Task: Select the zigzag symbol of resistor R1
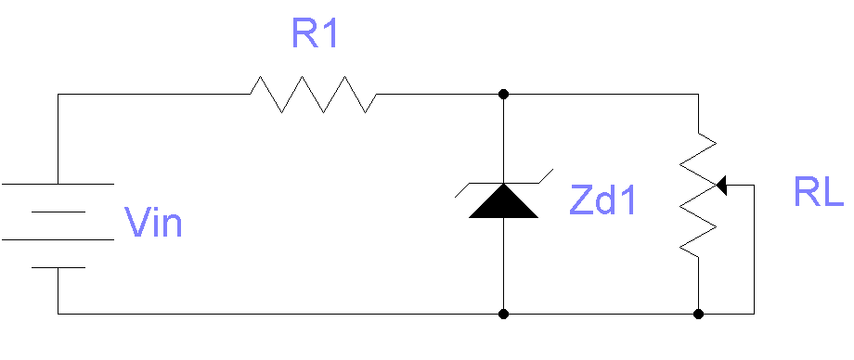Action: tap(313, 95)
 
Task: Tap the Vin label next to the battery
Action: tap(153, 223)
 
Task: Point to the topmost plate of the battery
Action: tap(58, 184)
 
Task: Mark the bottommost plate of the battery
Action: tap(58, 267)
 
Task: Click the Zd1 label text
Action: tap(603, 201)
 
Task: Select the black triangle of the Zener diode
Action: tap(503, 201)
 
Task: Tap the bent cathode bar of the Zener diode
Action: tap(503, 183)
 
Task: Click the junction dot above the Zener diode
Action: tap(503, 94)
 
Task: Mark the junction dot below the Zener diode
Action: tap(503, 314)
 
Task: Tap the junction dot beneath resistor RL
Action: tap(698, 314)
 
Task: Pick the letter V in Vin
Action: tap(136, 223)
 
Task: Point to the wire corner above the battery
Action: tap(58, 94)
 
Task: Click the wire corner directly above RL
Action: tap(698, 94)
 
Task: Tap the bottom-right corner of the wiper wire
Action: tap(754, 314)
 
